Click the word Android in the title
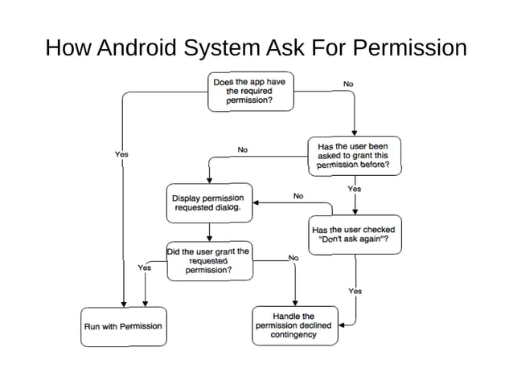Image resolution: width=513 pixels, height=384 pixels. (137, 47)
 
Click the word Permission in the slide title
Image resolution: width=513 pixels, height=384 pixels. (410, 47)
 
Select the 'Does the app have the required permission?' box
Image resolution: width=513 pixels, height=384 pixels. (248, 92)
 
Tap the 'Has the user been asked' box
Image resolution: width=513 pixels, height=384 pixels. (353, 156)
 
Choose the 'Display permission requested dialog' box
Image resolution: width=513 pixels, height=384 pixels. (207, 202)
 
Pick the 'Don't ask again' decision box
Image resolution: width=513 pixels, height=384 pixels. (353, 234)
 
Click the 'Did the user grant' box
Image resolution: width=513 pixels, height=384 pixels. (208, 260)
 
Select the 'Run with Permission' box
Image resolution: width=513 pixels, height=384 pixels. (124, 326)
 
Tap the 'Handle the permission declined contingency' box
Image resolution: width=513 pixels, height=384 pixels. (293, 325)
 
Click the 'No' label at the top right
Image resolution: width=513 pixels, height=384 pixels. (348, 84)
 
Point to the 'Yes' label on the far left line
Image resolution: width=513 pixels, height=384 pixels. (121, 153)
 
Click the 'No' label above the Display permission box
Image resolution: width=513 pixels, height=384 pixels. (242, 149)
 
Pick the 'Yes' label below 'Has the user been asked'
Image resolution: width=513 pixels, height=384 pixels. (354, 189)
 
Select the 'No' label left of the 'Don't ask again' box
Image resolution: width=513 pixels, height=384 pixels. (298, 195)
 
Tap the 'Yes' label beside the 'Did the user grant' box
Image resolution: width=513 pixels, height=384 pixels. (145, 268)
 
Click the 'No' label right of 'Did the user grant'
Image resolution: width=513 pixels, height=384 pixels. (293, 258)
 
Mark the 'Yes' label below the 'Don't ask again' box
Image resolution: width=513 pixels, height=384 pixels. (355, 291)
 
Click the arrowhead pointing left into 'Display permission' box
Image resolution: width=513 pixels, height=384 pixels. (256, 204)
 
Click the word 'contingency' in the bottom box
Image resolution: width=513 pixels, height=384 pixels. (293, 335)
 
